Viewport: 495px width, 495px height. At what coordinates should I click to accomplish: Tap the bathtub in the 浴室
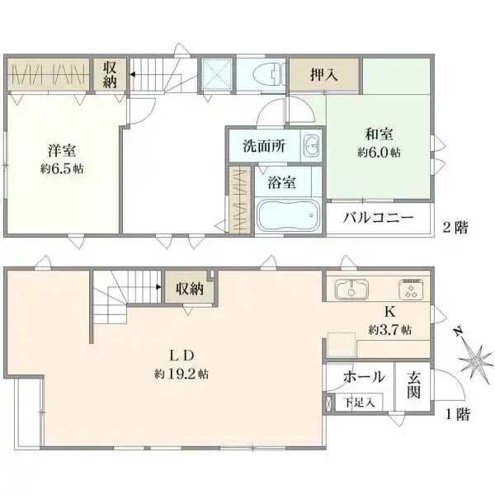(288, 215)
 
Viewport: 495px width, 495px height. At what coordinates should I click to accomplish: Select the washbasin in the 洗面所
(312, 146)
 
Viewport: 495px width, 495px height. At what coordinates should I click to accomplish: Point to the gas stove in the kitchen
(411, 289)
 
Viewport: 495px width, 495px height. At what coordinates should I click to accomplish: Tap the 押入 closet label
(324, 74)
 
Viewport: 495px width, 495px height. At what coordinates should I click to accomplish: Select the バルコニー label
(378, 218)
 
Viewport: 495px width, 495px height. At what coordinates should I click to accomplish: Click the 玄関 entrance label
(413, 384)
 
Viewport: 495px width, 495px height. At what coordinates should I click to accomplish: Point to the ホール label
(364, 376)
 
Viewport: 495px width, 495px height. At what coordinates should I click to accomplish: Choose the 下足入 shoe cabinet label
(360, 403)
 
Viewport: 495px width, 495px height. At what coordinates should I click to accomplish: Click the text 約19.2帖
(181, 374)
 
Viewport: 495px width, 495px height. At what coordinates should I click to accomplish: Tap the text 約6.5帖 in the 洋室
(62, 169)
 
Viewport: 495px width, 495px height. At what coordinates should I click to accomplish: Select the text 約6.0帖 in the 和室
(379, 153)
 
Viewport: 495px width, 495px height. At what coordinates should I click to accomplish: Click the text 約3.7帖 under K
(390, 330)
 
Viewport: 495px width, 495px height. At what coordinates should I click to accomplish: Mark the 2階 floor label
(455, 228)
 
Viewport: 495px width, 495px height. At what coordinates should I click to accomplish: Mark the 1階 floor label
(457, 414)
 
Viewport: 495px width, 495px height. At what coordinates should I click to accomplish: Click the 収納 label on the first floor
(190, 289)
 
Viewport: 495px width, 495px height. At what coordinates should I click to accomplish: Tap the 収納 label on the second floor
(110, 75)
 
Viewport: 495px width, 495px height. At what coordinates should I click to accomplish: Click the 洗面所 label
(264, 146)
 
